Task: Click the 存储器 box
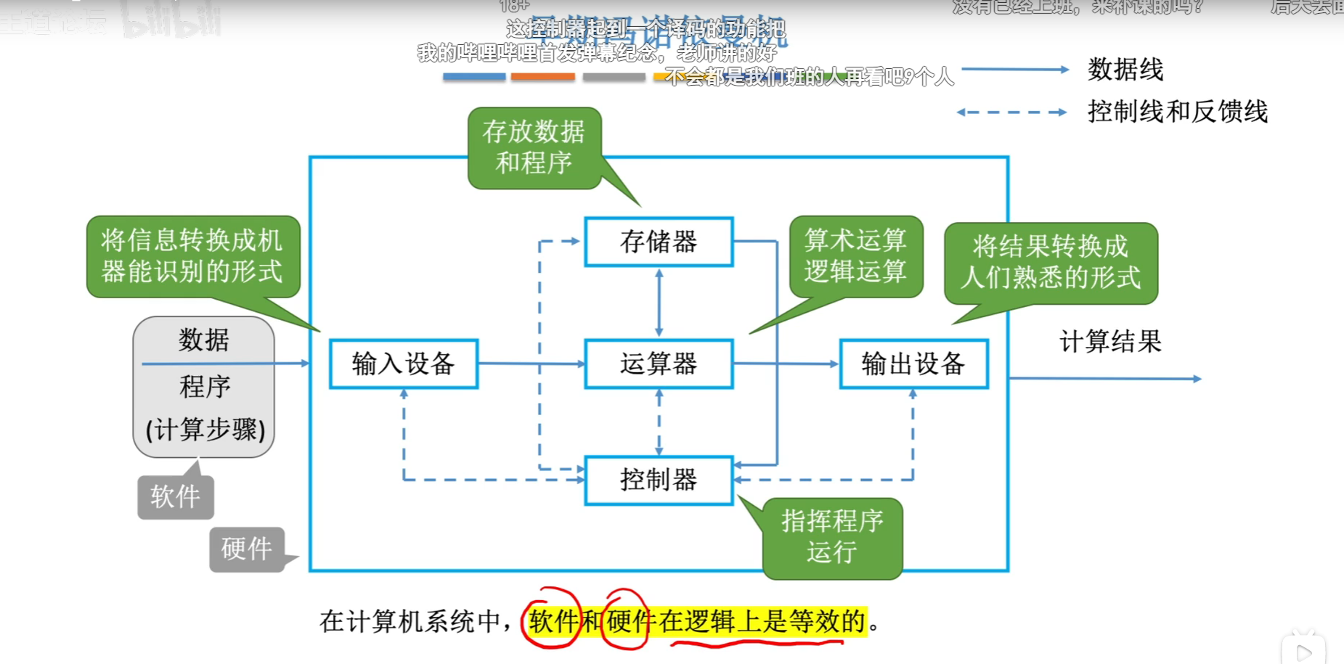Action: pos(659,242)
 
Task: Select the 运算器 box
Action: pos(659,364)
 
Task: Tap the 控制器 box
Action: pos(659,480)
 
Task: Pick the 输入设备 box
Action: pos(404,364)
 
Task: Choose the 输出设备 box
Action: pos(913,364)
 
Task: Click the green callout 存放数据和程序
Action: pos(534,147)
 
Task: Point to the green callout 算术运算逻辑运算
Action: pos(855,255)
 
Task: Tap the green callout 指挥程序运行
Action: pos(832,537)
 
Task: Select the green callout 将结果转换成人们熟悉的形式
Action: pos(1050,262)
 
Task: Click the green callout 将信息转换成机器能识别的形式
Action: pos(192,255)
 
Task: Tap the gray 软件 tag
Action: pos(175,497)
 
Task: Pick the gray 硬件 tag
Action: pos(247,549)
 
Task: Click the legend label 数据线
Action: pos(1125,70)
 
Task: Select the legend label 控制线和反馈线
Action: pos(1177,112)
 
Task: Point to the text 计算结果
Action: pos(1110,341)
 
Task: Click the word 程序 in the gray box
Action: pos(205,386)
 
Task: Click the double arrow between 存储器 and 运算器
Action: pos(659,303)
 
